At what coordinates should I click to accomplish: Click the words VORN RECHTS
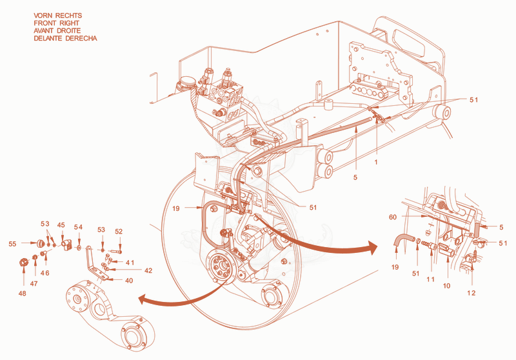coord(57,15)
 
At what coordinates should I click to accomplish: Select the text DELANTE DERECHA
coord(65,38)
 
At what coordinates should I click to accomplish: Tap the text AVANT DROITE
coord(57,30)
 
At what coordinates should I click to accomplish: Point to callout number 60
coord(393,217)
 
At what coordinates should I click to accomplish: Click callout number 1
coord(376,162)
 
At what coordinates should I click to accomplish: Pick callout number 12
coord(471,293)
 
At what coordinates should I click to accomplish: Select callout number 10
coord(446,286)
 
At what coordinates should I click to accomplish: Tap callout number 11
coord(430,279)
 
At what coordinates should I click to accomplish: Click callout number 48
coord(22,293)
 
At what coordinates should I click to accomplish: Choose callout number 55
coord(12,244)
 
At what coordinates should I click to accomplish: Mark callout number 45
coord(61,225)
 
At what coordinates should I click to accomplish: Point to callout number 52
coord(119,232)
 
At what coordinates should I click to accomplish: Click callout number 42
coord(148,270)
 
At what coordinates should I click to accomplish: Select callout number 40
coord(129,281)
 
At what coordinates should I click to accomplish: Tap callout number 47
coord(34,284)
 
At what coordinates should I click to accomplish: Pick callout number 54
coord(78,227)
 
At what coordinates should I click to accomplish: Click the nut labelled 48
coord(23,263)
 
